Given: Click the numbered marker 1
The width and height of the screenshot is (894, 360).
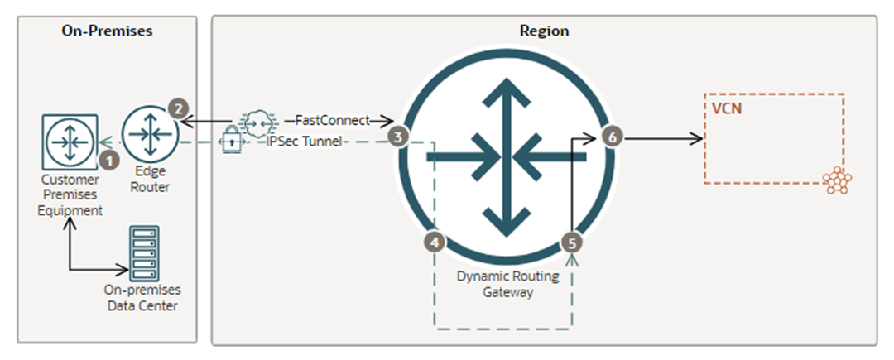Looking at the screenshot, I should click(106, 156).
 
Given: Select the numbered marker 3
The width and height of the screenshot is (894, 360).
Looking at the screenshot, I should click(401, 137).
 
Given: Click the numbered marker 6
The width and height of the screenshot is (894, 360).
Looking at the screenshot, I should click(611, 137).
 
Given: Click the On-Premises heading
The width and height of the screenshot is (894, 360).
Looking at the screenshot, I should click(108, 31).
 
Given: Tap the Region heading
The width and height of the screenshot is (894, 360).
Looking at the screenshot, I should click(544, 31).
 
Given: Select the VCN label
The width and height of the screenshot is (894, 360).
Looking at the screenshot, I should click(725, 108).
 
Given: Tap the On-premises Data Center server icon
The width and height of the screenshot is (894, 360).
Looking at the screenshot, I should click(145, 252).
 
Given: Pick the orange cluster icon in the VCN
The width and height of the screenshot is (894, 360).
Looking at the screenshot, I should click(838, 181).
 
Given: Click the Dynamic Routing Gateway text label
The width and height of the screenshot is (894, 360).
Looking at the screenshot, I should click(507, 284).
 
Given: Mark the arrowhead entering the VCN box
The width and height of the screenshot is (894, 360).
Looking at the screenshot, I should click(698, 137).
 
